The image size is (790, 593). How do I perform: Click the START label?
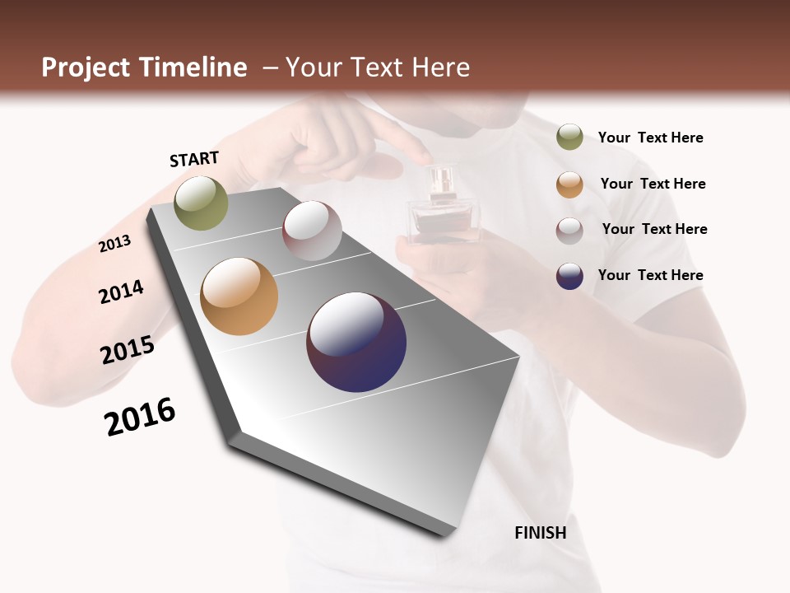[x=194, y=159]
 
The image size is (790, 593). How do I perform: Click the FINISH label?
[x=540, y=532]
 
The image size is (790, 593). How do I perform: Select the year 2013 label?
[x=114, y=244]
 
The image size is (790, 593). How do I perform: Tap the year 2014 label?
[x=121, y=292]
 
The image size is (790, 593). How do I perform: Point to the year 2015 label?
[x=128, y=350]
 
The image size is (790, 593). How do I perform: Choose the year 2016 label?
[x=140, y=417]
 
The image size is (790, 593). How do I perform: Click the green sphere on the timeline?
[x=201, y=203]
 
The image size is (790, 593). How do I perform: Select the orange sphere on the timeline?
[x=239, y=296]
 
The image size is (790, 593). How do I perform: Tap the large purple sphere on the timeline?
[x=356, y=342]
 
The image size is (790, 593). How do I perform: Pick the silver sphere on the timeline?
[x=312, y=231]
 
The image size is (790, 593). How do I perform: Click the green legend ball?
[x=569, y=137]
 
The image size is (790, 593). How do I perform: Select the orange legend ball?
[x=569, y=184]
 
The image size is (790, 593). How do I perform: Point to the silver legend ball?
[x=569, y=230]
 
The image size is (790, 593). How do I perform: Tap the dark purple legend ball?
[x=569, y=276]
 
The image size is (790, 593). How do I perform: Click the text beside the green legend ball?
[x=650, y=138]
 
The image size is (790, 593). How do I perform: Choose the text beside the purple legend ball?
[x=650, y=275]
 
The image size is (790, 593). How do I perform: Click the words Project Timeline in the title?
[x=144, y=68]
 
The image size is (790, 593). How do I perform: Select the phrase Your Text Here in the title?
[x=378, y=68]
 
